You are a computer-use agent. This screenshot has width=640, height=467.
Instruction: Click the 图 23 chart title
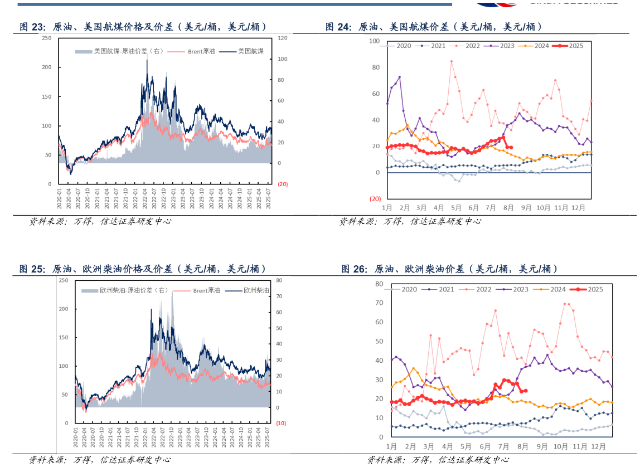[x=143, y=27]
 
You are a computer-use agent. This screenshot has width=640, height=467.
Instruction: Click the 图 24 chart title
[x=433, y=27]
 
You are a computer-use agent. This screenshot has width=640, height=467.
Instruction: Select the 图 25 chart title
[x=143, y=269]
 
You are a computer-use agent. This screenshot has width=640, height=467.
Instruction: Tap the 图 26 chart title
[x=449, y=269]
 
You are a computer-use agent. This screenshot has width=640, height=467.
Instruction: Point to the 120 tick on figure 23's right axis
[x=282, y=38]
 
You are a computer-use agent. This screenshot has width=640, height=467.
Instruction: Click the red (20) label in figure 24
[x=375, y=199]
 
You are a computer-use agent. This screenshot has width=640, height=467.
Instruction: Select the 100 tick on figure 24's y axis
[x=374, y=41]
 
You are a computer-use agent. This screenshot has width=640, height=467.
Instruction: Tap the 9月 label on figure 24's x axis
[x=526, y=208]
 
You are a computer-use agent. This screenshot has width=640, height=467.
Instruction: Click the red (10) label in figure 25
[x=281, y=424]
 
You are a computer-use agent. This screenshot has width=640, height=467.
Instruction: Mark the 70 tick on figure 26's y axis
[x=379, y=303]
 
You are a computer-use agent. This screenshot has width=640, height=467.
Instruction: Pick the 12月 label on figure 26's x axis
[x=598, y=446]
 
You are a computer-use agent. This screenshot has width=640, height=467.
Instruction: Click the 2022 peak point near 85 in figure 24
[x=451, y=61]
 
